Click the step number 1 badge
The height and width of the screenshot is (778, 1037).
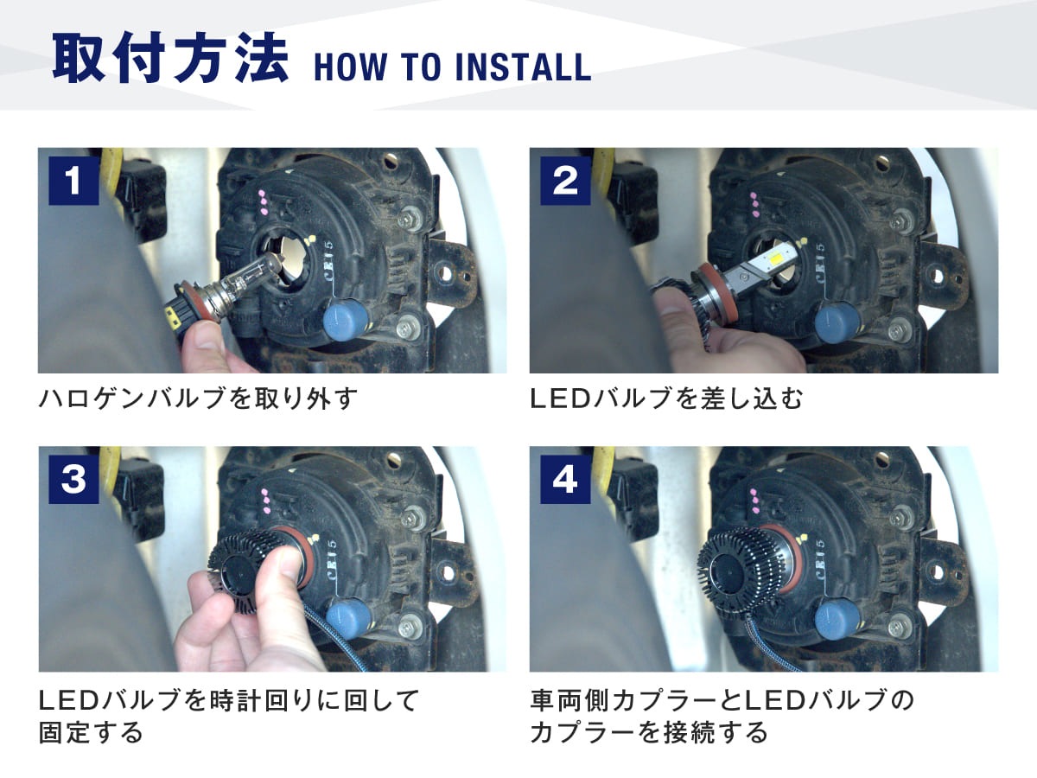[x=73, y=181]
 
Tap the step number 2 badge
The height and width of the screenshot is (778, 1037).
[x=565, y=181]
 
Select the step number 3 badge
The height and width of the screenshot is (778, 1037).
[x=73, y=479]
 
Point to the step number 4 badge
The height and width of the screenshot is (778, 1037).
[x=565, y=479]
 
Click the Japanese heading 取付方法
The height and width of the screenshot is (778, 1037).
[x=170, y=58]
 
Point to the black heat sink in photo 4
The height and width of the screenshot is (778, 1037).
[x=737, y=572]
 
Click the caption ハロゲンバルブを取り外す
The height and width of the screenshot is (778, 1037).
[x=198, y=399]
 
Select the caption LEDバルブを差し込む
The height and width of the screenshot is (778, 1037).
[x=666, y=399]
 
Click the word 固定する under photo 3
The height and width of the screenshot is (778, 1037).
[x=91, y=733]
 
